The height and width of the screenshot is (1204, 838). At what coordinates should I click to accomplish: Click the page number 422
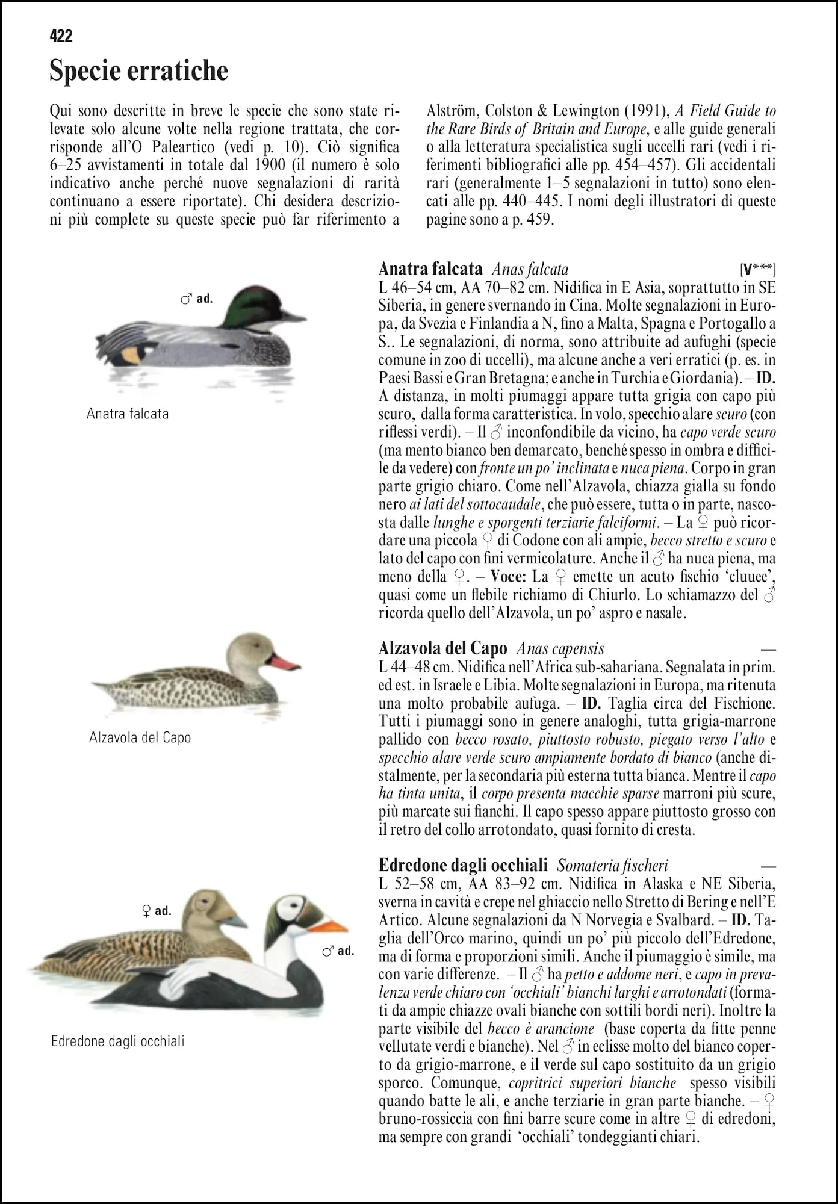click(61, 36)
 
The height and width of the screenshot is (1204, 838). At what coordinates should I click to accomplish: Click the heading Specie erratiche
click(138, 70)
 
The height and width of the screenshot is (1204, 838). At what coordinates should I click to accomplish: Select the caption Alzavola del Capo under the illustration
click(140, 737)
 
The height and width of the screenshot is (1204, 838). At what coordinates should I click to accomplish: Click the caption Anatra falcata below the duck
click(128, 414)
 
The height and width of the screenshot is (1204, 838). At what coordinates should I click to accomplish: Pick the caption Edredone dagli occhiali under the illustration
click(118, 1041)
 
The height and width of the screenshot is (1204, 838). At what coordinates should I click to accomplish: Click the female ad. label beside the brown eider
click(156, 911)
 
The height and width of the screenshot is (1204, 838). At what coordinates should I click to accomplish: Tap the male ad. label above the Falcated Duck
click(197, 299)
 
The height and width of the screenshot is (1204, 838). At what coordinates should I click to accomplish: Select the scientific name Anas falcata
click(530, 269)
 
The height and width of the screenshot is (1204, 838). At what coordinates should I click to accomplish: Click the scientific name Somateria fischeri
click(612, 866)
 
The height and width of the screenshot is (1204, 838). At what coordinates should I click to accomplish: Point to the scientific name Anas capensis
click(560, 648)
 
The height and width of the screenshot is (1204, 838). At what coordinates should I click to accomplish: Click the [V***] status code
click(757, 269)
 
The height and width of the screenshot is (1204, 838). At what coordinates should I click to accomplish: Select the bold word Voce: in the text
click(508, 577)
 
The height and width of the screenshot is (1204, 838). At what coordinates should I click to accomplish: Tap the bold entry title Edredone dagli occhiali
click(463, 866)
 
